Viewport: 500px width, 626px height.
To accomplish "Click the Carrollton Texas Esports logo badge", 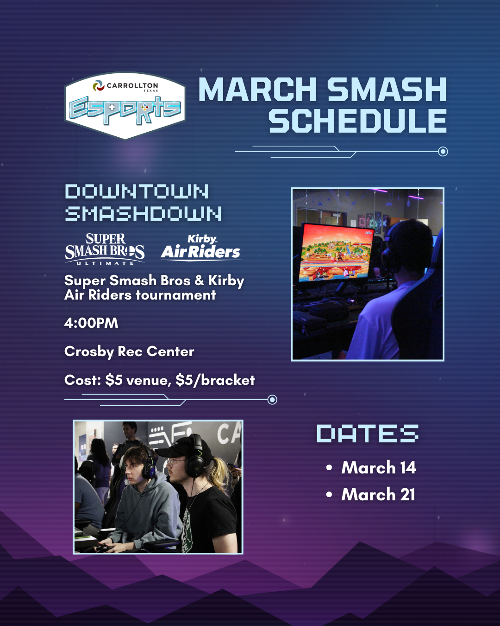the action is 125,106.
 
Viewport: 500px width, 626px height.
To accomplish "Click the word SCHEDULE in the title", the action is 357,121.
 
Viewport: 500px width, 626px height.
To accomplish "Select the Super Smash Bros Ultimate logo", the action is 105,249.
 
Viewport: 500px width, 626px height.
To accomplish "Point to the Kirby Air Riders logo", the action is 201,248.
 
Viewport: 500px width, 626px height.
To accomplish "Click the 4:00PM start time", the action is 91,323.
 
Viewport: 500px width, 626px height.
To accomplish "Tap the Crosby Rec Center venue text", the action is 129,351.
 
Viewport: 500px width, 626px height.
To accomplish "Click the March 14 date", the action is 379,467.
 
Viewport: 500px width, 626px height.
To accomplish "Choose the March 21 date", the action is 378,494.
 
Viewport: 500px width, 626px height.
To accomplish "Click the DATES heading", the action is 368,434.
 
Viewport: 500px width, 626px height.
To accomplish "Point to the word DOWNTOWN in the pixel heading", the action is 137,192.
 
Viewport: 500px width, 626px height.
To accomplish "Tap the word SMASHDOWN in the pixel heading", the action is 143,213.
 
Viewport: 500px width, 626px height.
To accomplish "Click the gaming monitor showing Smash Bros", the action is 337,253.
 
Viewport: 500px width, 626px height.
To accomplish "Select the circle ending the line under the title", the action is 443,152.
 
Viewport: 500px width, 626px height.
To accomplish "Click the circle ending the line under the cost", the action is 272,400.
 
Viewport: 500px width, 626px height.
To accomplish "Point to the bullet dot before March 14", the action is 329,468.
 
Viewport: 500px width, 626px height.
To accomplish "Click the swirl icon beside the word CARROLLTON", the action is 99,85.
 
